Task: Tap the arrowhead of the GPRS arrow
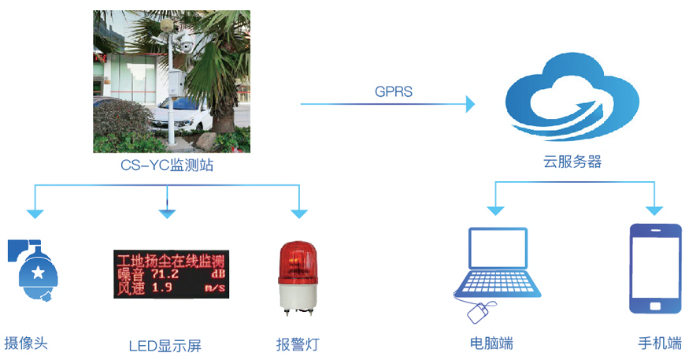coord(470,104)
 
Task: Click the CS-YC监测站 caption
coord(167,165)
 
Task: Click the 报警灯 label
coord(298,343)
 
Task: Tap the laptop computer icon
coord(495,265)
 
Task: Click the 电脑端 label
coord(491,343)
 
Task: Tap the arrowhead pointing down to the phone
coord(655,210)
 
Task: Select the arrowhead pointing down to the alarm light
coord(298,212)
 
